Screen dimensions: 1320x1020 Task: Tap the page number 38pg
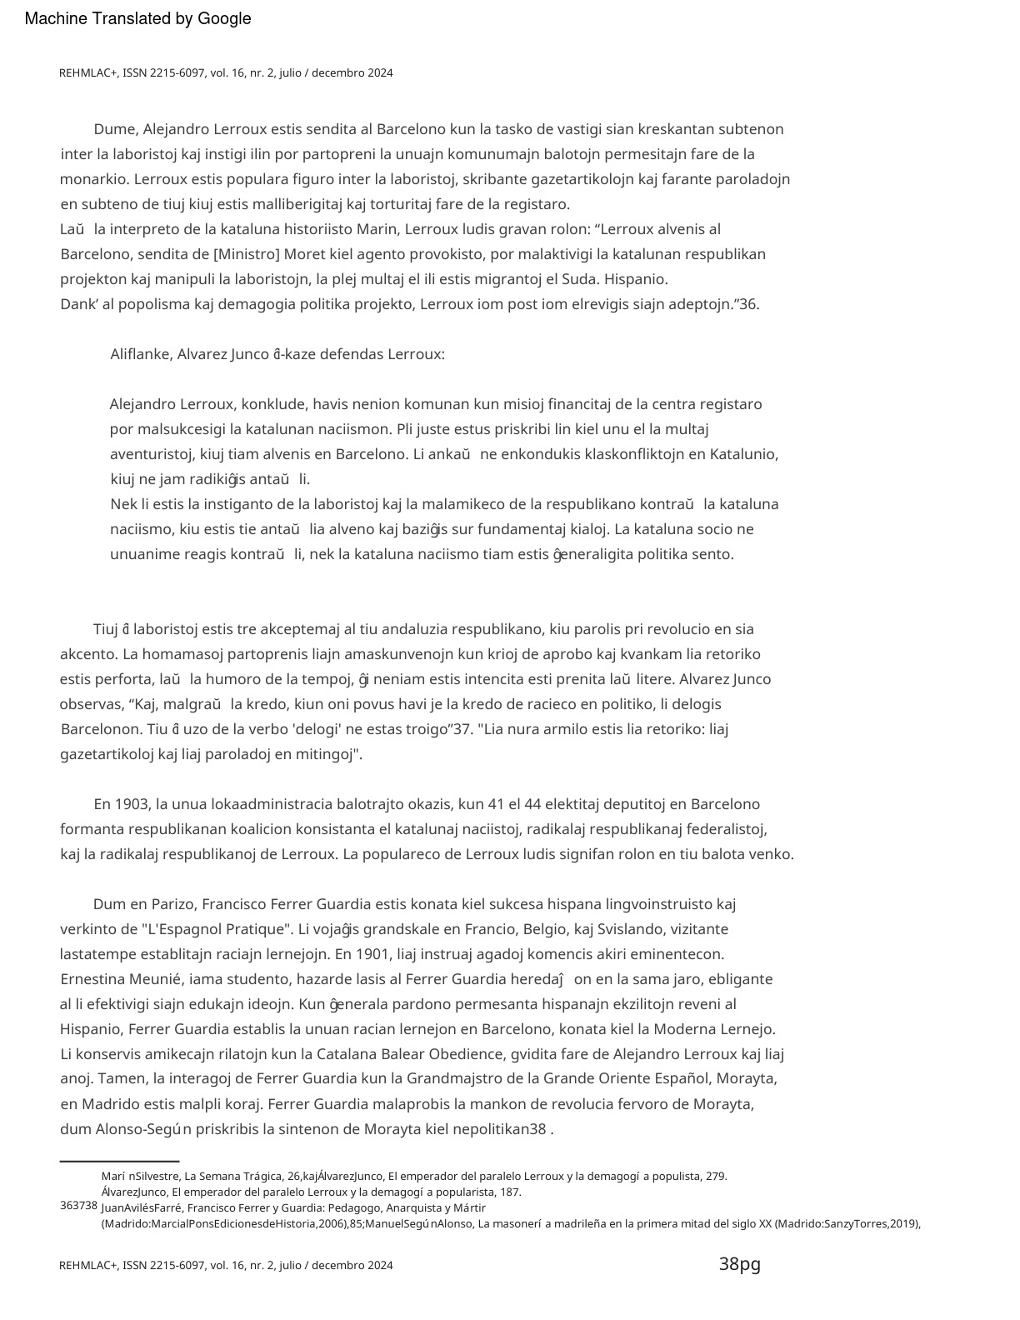tap(739, 1264)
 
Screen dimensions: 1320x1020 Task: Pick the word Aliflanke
tap(141, 354)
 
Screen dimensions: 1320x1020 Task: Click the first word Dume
tap(114, 129)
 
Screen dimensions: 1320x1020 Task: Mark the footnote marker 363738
tap(78, 1206)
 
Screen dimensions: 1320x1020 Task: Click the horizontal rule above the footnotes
tap(119, 1161)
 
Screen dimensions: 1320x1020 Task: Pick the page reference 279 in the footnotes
tap(716, 1176)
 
